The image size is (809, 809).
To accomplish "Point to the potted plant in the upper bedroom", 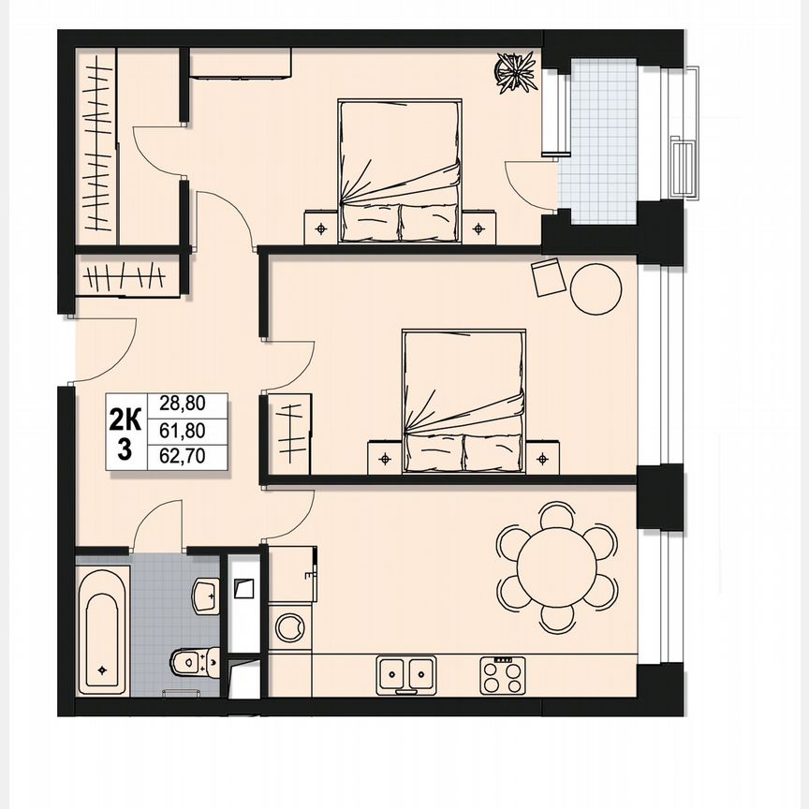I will pos(514,71).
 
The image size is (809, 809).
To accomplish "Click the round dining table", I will pos(558,566).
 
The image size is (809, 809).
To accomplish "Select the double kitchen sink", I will pos(405,673).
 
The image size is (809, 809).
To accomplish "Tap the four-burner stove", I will pos(504,674).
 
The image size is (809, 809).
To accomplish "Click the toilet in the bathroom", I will pos(196,662).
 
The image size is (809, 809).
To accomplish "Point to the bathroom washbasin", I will pos(205,593).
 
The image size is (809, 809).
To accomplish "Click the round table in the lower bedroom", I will pos(596,288).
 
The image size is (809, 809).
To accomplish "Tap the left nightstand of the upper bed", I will pos(321,226).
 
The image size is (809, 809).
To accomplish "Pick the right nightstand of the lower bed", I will pos(542,457).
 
